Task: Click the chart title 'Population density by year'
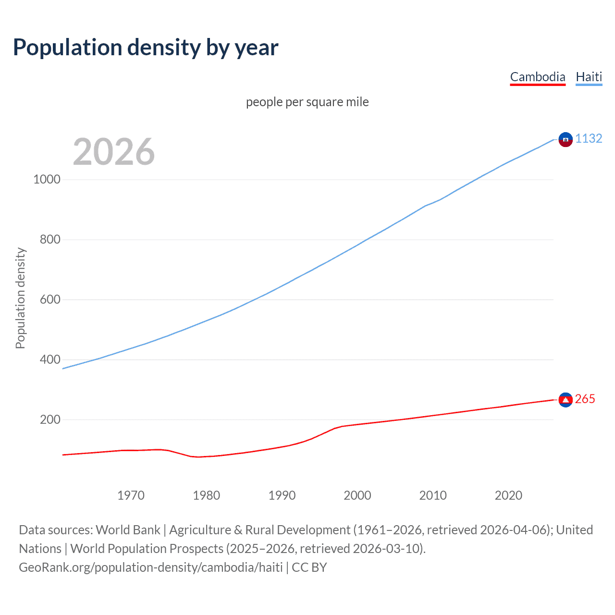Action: coord(146,48)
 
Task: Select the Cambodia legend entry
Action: coord(537,77)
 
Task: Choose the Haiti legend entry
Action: coord(589,77)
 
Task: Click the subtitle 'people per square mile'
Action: coord(307,102)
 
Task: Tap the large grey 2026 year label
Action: coord(114,152)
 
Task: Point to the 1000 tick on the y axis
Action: coord(47,180)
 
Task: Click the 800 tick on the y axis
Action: coord(50,240)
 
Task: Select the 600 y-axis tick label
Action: coord(50,300)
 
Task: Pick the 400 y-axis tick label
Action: coord(50,360)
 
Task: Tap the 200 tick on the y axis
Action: coord(50,420)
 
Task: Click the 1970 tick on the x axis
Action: coord(131,495)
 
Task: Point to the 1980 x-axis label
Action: coord(206,495)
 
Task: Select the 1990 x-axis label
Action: coord(282,495)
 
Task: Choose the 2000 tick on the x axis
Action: coord(357,495)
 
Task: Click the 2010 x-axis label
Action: coord(433,495)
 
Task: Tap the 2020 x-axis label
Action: coord(508,495)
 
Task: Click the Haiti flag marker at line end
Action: coord(566,139)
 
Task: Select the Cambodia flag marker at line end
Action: coord(566,400)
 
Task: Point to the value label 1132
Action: coord(589,139)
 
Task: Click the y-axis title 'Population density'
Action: coord(20,298)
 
